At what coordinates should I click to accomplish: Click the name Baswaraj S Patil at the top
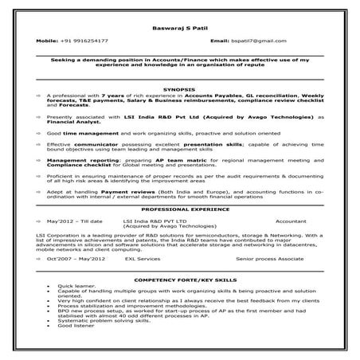coord(178,28)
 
